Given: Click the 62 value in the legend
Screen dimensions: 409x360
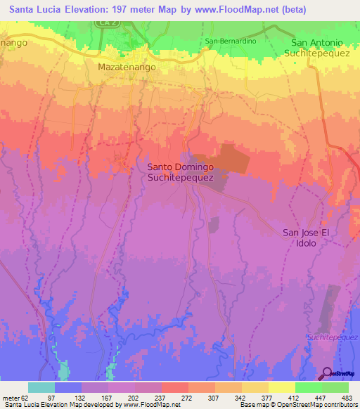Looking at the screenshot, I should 28,398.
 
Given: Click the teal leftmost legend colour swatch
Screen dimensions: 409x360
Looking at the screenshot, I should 41,387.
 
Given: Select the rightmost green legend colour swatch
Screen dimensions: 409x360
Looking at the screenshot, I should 335,387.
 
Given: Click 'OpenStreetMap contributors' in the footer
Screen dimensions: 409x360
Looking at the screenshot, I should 313,405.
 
